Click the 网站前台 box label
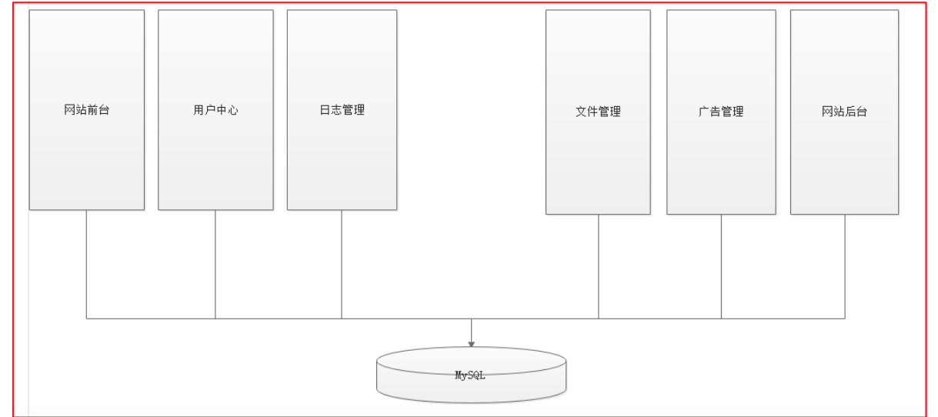coord(87,110)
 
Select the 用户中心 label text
coord(215,110)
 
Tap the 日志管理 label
coord(342,110)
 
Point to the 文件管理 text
coord(598,112)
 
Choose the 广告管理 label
coord(721,112)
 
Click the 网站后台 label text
coord(844,112)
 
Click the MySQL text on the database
coord(471,376)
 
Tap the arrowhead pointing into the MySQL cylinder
coord(471,344)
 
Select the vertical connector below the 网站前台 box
coord(86,262)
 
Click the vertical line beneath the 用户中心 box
coord(215,262)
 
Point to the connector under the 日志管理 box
coord(342,262)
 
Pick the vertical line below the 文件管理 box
coord(599,265)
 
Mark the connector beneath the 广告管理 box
coord(721,265)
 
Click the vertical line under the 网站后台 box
coord(845,265)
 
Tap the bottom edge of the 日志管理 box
coord(342,210)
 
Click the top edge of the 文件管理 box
coord(598,10)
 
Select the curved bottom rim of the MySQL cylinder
coord(471,402)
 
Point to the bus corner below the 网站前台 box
coord(86,318)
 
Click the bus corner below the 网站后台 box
coord(845,318)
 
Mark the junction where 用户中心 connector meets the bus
coord(215,318)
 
